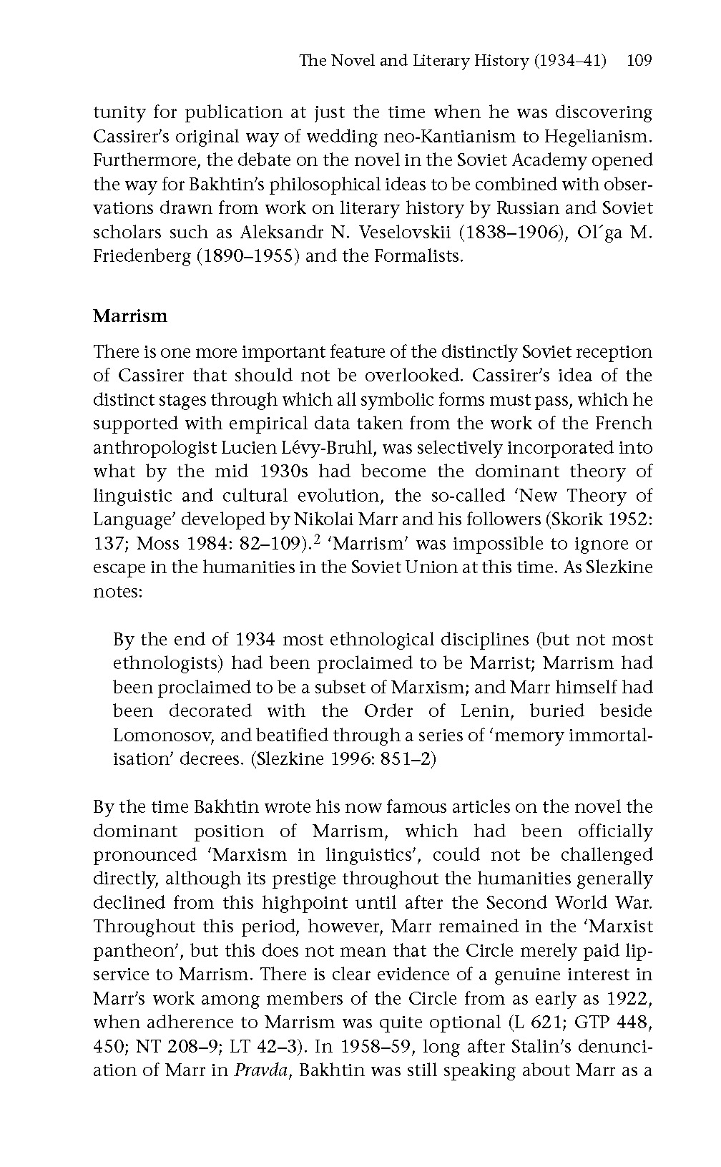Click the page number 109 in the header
click(639, 61)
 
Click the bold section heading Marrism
click(130, 316)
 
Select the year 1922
click(629, 998)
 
